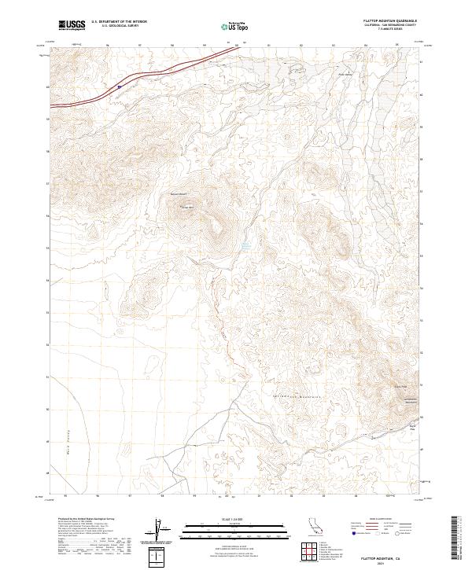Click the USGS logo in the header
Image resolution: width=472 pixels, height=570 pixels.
tap(72, 24)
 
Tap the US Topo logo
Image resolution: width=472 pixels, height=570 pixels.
tap(236, 26)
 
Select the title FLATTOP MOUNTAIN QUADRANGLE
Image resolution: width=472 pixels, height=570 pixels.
tap(390, 20)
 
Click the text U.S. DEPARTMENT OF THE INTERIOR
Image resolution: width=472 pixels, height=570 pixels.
tap(119, 21)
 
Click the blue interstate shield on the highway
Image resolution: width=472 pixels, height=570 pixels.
tap(119, 87)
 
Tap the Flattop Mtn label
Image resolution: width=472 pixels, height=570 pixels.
tap(187, 207)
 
